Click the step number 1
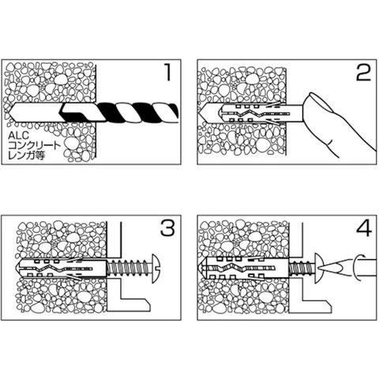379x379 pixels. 167,73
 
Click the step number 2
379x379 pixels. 363,73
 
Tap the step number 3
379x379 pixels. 167,228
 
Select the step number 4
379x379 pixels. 364,228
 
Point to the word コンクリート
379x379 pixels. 35,145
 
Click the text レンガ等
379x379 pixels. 27,156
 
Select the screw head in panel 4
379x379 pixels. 318,268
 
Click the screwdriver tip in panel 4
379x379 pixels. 331,268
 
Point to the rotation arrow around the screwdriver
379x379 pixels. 358,267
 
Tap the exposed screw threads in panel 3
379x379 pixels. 128,268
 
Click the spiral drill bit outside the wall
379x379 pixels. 137,113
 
